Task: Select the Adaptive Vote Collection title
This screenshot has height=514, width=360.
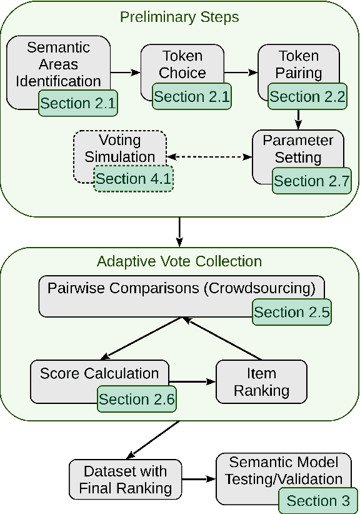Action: coord(179,261)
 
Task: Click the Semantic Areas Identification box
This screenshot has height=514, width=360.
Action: coord(57,64)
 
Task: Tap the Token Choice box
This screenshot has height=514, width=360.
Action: coord(182,64)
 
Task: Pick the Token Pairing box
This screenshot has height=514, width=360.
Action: coord(297,64)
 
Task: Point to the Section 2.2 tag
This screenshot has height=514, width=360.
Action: coord(307,97)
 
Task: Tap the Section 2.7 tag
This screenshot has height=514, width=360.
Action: coord(312,181)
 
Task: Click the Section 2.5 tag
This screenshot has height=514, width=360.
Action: coord(291,312)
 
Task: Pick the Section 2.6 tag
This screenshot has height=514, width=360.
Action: coord(137,399)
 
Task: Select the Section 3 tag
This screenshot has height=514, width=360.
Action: coord(317,500)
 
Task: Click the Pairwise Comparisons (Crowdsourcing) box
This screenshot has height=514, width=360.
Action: coord(181,289)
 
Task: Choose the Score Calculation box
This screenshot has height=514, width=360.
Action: coord(99,374)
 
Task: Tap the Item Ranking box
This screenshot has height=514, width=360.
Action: coord(261,381)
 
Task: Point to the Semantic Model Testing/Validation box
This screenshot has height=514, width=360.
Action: coord(284,471)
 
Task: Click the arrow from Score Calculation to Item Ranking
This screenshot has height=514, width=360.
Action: coord(192,381)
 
